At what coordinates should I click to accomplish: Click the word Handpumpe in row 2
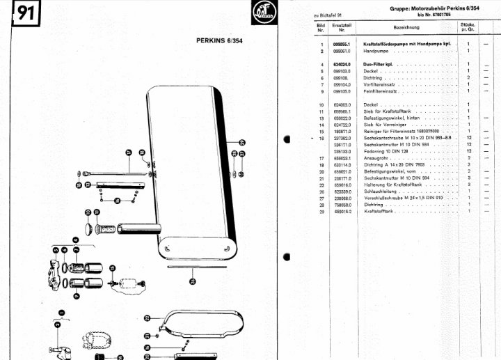pyautogui.click(x=376, y=52)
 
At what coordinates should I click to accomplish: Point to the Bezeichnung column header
pyautogui.click(x=406, y=28)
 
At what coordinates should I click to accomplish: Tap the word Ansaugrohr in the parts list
pyautogui.click(x=379, y=158)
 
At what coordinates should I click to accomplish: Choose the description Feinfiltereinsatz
pyautogui.click(x=384, y=91)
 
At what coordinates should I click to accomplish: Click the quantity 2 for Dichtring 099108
pyautogui.click(x=469, y=77)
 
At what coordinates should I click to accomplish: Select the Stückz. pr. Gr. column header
pyautogui.click(x=468, y=28)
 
